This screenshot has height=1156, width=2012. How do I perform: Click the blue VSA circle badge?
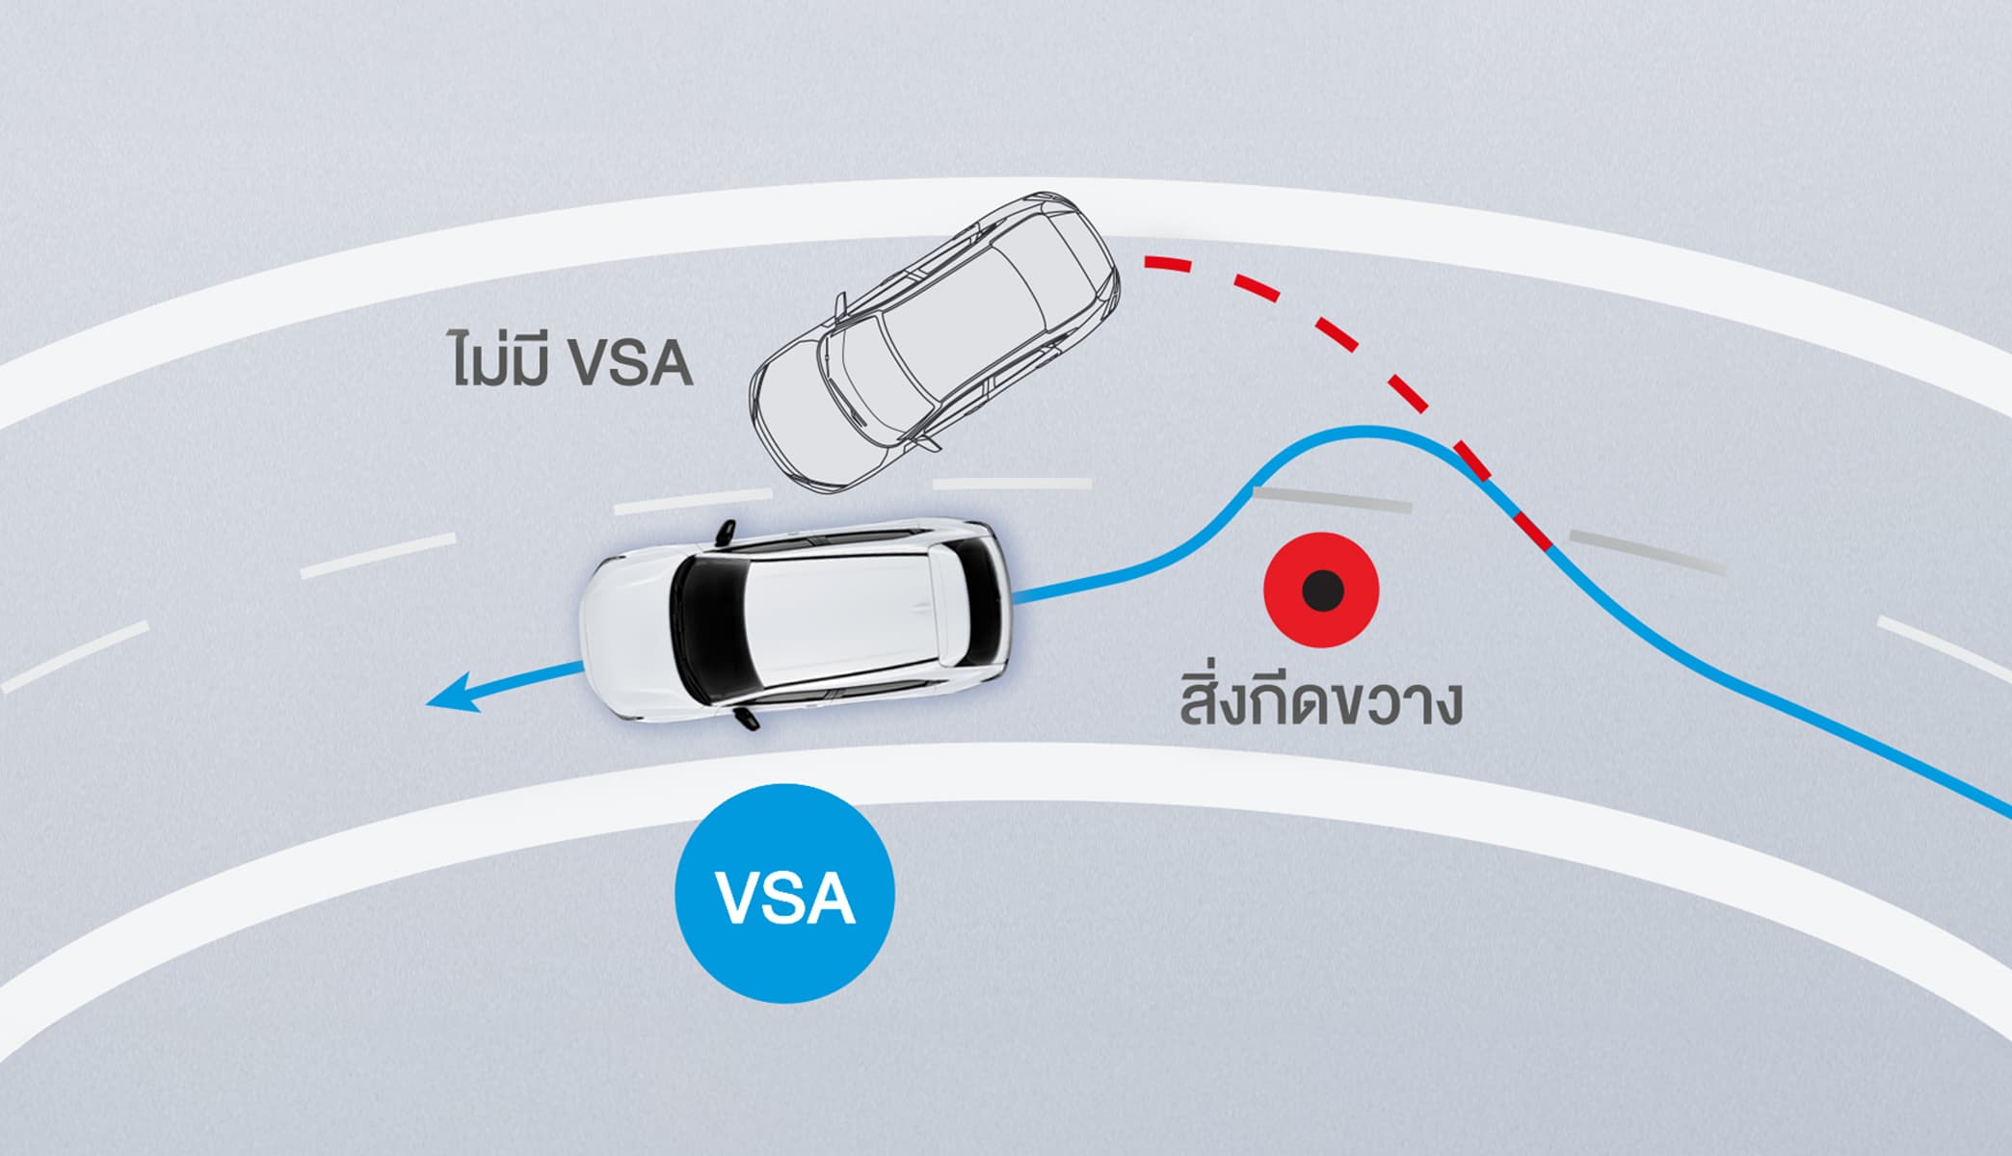point(785,893)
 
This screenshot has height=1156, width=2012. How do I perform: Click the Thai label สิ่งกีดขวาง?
point(1320,701)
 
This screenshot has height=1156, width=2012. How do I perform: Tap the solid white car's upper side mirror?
point(725,531)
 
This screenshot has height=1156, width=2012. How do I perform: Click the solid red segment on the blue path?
point(1533,532)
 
